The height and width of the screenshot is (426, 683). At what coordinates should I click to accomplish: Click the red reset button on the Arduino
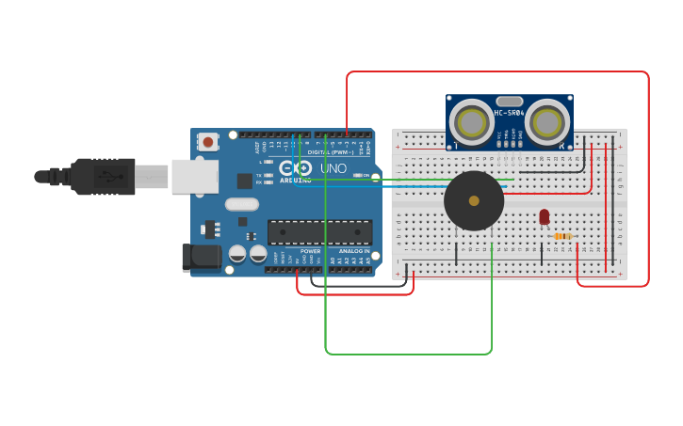click(207, 142)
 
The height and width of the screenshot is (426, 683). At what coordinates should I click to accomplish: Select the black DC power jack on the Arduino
click(200, 257)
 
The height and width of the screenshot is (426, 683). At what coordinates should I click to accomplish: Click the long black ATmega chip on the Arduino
click(319, 231)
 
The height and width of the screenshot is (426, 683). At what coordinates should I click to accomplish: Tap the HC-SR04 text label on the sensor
click(510, 113)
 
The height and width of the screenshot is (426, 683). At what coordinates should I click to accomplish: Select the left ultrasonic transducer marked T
click(470, 121)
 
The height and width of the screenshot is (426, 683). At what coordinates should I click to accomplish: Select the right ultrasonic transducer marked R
click(547, 121)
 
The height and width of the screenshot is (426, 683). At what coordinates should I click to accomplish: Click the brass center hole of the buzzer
click(474, 200)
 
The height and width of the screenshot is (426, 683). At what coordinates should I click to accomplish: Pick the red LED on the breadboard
click(544, 216)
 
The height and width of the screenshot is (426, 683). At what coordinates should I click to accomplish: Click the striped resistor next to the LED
click(562, 236)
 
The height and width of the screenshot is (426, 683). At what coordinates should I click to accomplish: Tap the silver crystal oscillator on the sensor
click(509, 101)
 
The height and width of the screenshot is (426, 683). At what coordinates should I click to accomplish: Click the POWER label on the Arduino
click(310, 251)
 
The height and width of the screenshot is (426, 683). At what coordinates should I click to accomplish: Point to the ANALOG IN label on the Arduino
click(354, 251)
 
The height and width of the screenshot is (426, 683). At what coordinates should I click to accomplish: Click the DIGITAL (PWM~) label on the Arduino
click(330, 152)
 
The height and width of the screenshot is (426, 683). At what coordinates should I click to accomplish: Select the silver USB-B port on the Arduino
click(194, 176)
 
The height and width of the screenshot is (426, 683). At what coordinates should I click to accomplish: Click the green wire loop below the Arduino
click(408, 354)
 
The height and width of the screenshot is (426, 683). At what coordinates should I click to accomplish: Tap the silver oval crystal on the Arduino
click(241, 204)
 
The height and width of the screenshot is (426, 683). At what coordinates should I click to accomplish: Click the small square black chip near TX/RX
click(245, 181)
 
